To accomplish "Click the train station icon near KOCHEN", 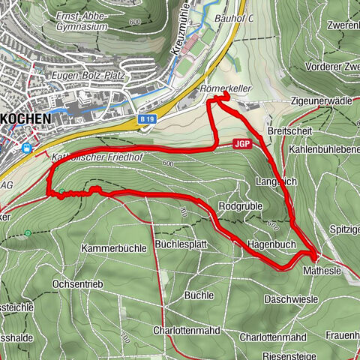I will (x=27, y=148).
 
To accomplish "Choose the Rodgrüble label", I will (x=238, y=205).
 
